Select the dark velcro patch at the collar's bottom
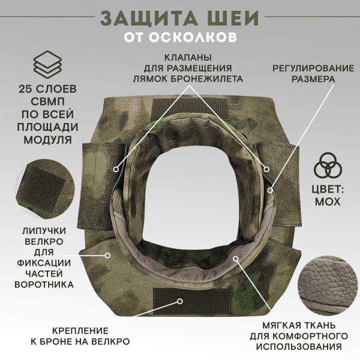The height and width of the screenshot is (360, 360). coord(179,296)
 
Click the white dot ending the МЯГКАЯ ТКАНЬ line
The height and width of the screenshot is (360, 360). coord(235,259)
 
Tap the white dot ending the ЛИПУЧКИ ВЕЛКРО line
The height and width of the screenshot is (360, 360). coord(108,254)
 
